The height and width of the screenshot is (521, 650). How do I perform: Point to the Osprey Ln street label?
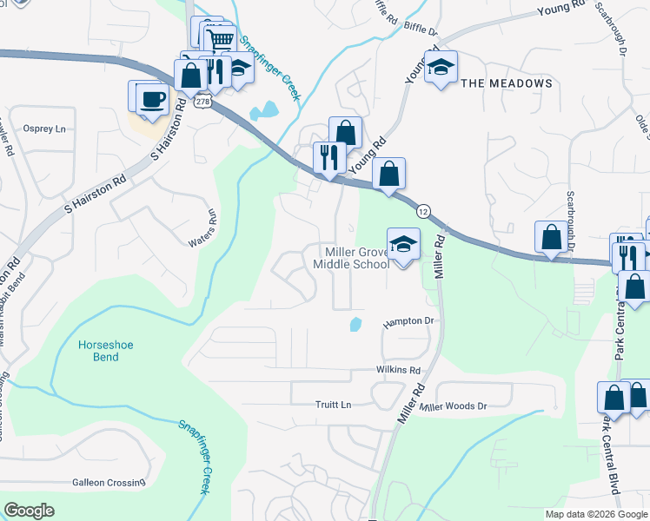pyautogui.click(x=44, y=129)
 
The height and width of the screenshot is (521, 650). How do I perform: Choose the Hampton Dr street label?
pyautogui.click(x=408, y=322)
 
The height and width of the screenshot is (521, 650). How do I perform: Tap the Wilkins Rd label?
pyautogui.click(x=399, y=370)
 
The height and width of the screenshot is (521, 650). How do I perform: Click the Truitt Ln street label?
pyautogui.click(x=333, y=405)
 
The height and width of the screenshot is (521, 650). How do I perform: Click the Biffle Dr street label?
pyautogui.click(x=421, y=30)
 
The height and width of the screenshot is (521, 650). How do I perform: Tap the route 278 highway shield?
pyautogui.click(x=202, y=102)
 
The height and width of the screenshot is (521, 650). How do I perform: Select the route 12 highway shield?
pyautogui.click(x=423, y=211)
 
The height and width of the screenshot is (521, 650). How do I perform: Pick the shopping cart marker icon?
pyautogui.click(x=221, y=38)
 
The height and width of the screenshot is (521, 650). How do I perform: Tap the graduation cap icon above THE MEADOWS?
pyautogui.click(x=441, y=67)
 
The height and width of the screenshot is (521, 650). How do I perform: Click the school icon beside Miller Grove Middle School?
pyautogui.click(x=403, y=245)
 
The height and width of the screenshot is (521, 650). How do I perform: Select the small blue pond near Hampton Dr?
pyautogui.click(x=355, y=325)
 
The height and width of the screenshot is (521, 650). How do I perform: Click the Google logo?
pyautogui.click(x=29, y=510)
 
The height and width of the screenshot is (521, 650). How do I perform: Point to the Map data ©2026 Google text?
pyautogui.click(x=595, y=514)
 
